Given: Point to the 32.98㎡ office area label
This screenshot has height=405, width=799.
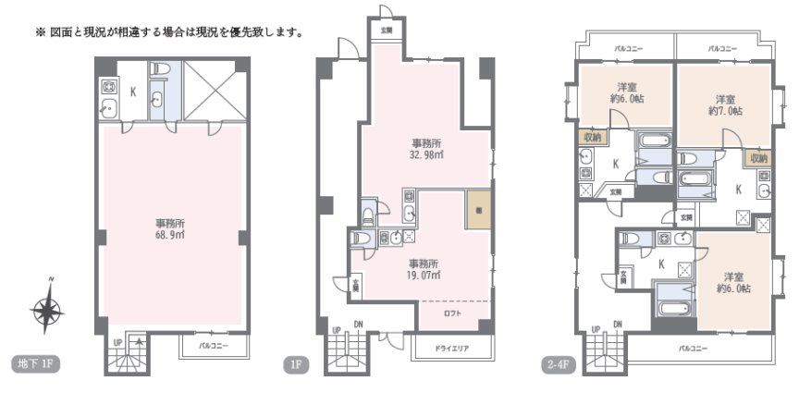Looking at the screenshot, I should pyautogui.click(x=425, y=150).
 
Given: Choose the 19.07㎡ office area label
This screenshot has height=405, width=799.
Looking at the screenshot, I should pyautogui.click(x=424, y=268).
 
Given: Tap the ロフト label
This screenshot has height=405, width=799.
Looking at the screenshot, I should pyautogui.click(x=453, y=313).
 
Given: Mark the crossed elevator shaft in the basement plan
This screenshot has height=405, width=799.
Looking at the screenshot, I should pyautogui.click(x=209, y=91).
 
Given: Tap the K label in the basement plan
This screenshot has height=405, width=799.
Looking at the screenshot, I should pyautogui.click(x=132, y=92).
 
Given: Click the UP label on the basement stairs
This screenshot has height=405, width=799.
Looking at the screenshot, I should pyautogui.click(x=117, y=342).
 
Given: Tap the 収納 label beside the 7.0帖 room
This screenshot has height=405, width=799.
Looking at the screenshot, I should pyautogui.click(x=758, y=157).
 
